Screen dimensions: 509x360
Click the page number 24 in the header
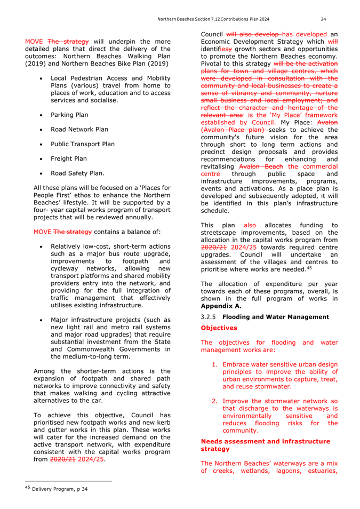[323, 19]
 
